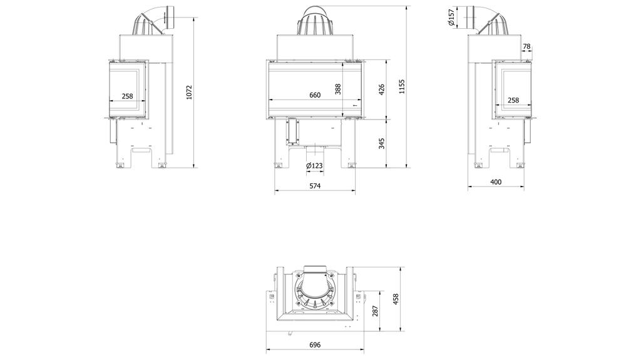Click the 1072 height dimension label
pyautogui.click(x=189, y=92)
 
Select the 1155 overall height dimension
pyautogui.click(x=402, y=86)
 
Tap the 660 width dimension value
pyautogui.click(x=315, y=95)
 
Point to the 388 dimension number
pyautogui.click(x=338, y=89)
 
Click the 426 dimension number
pyautogui.click(x=382, y=89)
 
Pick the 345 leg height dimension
pyautogui.click(x=382, y=143)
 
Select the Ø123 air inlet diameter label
pyautogui.click(x=314, y=165)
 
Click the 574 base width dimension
pyautogui.click(x=314, y=186)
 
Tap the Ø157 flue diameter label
pyautogui.click(x=452, y=18)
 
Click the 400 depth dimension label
pyautogui.click(x=496, y=182)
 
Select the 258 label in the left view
pyautogui.click(x=127, y=96)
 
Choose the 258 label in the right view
pyautogui.click(x=513, y=100)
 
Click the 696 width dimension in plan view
pyautogui.click(x=315, y=345)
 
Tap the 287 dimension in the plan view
pyautogui.click(x=376, y=311)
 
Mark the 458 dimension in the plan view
pyautogui.click(x=394, y=299)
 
